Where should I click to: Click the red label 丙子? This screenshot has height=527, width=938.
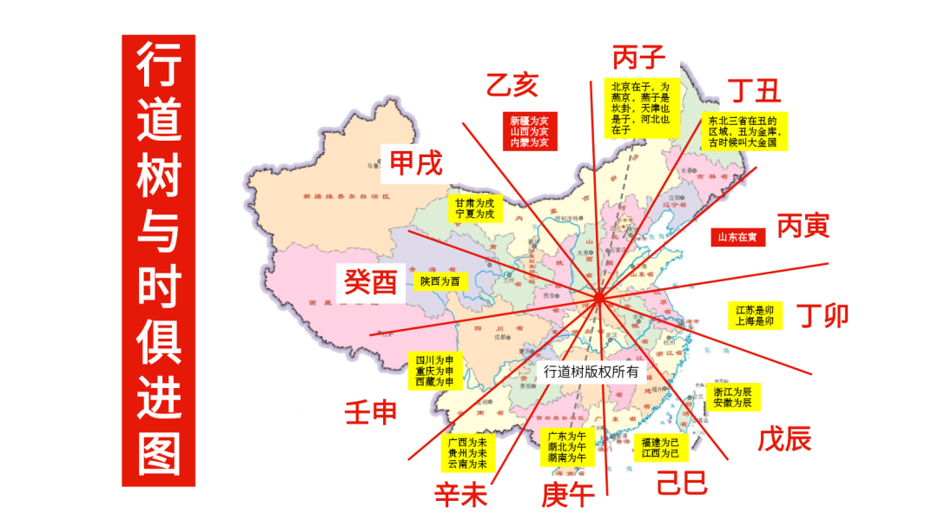tap(638, 57)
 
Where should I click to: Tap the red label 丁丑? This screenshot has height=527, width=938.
tap(754, 89)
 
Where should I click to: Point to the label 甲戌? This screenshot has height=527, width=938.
tap(415, 164)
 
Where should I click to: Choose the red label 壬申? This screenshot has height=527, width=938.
tap(371, 412)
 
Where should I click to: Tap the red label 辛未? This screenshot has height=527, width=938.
tap(461, 495)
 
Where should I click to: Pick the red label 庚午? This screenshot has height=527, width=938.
tap(568, 495)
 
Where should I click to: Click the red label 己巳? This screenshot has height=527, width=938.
tap(682, 483)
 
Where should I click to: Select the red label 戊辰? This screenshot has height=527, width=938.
tap(784, 439)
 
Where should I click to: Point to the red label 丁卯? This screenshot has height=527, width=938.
tap(822, 314)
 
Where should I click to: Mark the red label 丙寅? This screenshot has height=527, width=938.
tap(803, 227)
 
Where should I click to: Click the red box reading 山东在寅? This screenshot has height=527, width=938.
tap(738, 236)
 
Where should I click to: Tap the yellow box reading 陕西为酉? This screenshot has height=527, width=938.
tap(439, 281)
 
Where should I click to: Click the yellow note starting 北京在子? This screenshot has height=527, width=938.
tap(641, 108)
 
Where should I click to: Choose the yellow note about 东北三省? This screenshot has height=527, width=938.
tap(743, 131)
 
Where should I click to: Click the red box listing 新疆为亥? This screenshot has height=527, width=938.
tap(529, 131)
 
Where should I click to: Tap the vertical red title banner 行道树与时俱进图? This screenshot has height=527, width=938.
tap(158, 260)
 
